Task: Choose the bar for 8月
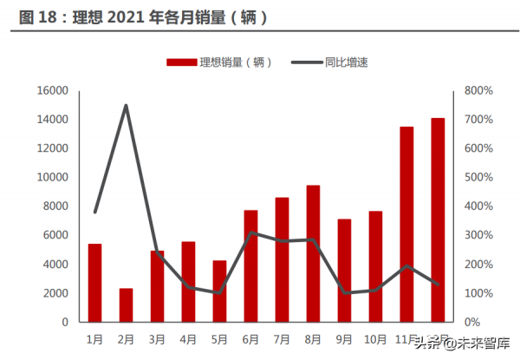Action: [x=313, y=253]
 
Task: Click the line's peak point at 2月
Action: [x=126, y=106]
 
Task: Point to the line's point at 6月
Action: [x=250, y=232]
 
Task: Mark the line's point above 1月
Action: [x=95, y=212]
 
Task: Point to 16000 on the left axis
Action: [x=52, y=90]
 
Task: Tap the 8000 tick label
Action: [x=55, y=206]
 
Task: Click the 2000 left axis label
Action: [x=55, y=293]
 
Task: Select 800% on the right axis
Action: [x=478, y=90]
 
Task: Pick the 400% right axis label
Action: [x=478, y=206]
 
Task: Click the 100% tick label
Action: [x=478, y=293]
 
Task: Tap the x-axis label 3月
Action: [x=157, y=338]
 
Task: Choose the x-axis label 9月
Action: [x=344, y=338]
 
